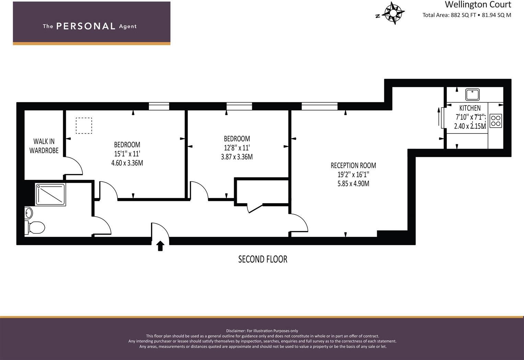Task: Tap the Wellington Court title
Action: tap(478, 4)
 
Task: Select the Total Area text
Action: tap(466, 15)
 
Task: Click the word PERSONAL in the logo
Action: tap(85, 26)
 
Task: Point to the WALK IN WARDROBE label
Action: tap(44, 146)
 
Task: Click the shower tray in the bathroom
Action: tap(50, 195)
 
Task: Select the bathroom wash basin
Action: tap(29, 213)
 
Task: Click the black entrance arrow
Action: tap(160, 246)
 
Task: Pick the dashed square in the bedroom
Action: tap(84, 126)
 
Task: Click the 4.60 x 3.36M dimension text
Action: tap(127, 163)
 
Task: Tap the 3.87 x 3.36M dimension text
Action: tap(237, 157)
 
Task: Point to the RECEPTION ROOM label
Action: tap(353, 165)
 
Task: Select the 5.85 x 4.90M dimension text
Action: tap(353, 184)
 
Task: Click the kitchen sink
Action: tap(473, 94)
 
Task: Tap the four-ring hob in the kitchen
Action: tap(496, 120)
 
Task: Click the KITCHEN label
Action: tap(470, 108)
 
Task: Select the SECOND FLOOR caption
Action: tap(263, 259)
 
